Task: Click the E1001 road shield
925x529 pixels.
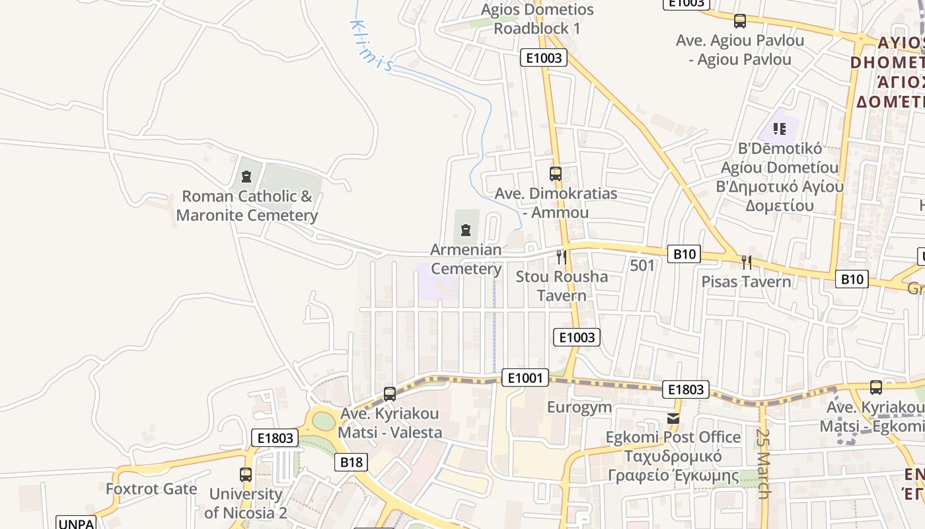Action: click(x=525, y=378)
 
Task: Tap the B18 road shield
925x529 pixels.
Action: click(x=351, y=462)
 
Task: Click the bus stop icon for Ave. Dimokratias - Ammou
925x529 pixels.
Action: click(x=555, y=174)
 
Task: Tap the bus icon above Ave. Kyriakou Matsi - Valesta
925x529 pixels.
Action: click(x=390, y=394)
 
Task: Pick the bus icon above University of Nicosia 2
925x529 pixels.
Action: click(x=246, y=474)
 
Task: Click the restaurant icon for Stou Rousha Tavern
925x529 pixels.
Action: click(x=561, y=257)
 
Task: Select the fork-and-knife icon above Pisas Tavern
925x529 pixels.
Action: click(x=746, y=263)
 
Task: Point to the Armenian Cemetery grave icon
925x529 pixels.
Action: click(x=466, y=230)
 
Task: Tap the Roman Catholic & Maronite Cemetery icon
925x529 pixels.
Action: click(x=246, y=177)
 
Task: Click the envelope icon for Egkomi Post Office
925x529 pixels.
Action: click(x=673, y=418)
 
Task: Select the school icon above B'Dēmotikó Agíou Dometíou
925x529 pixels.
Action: click(x=780, y=129)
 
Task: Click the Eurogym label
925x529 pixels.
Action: click(x=579, y=407)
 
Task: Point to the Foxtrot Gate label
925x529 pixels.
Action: click(x=151, y=489)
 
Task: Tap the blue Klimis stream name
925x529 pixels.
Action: click(x=371, y=45)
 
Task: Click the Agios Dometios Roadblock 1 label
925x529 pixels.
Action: click(x=537, y=19)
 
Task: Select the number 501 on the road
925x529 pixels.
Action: click(x=642, y=266)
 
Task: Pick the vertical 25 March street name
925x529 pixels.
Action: click(x=763, y=464)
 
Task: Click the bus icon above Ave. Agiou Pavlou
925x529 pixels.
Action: click(x=740, y=21)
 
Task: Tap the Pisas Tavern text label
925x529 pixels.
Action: click(x=746, y=282)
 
